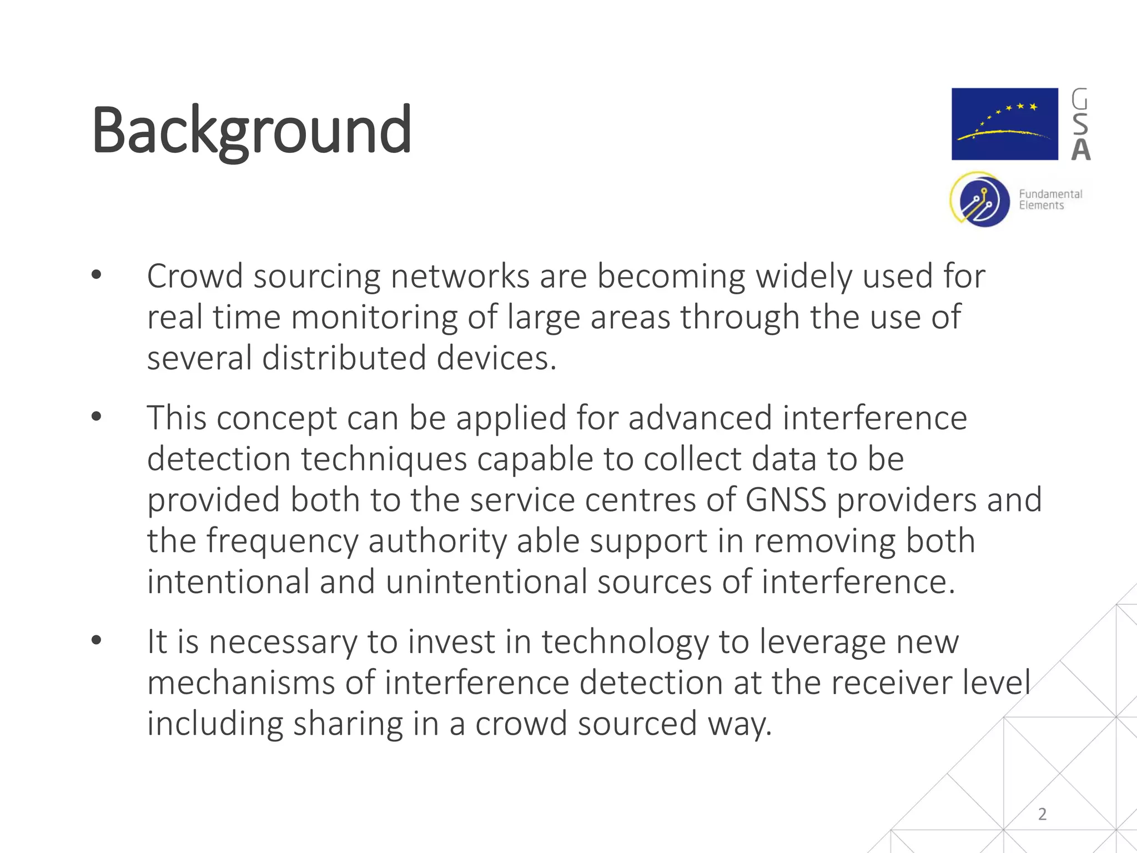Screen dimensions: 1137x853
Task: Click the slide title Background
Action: pos(251,131)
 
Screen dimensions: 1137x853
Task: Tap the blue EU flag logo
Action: pos(1004,124)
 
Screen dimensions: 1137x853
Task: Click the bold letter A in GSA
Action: pos(1080,149)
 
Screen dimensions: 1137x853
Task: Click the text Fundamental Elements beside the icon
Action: pos(1050,199)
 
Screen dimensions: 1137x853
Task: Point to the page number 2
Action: pos(1042,814)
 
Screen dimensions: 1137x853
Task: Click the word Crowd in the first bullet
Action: pos(195,276)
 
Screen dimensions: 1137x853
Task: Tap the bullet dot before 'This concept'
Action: pos(97,417)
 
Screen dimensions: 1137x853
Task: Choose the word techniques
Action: pos(384,459)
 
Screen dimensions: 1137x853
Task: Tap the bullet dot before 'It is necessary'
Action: pos(97,641)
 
